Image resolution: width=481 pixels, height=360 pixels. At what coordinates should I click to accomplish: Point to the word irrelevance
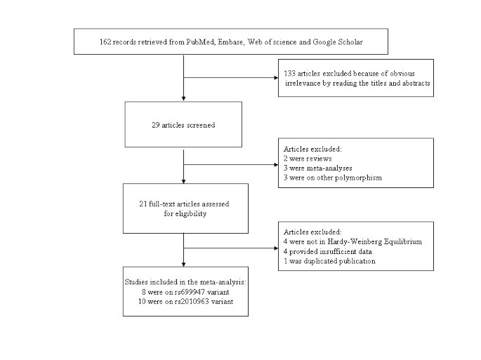[301, 83]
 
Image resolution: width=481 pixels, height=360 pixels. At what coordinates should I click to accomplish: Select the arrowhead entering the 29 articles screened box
[183, 98]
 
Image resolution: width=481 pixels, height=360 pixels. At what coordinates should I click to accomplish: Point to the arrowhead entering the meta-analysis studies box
[183, 274]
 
